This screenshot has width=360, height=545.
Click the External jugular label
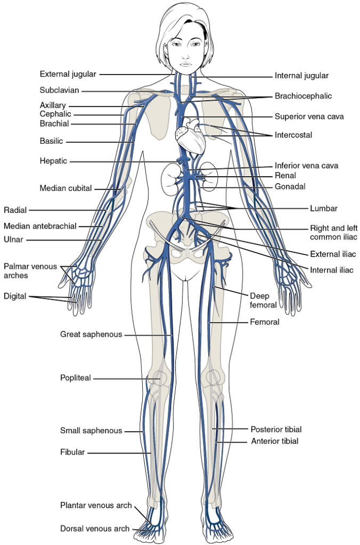point(68,74)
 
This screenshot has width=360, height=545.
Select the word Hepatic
point(53,161)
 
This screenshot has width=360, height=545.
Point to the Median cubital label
point(66,188)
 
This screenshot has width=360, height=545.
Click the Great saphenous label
point(91,334)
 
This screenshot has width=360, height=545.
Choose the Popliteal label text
point(76,378)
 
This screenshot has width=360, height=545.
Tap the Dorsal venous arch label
point(95,529)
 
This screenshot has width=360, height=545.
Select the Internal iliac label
point(331,270)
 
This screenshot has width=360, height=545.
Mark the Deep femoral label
point(263,300)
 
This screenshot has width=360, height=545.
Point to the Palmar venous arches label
point(30,271)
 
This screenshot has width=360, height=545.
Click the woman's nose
point(185,53)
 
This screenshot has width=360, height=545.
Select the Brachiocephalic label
point(303,96)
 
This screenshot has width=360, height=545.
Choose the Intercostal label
point(293,135)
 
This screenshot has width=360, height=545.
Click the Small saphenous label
point(91,431)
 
